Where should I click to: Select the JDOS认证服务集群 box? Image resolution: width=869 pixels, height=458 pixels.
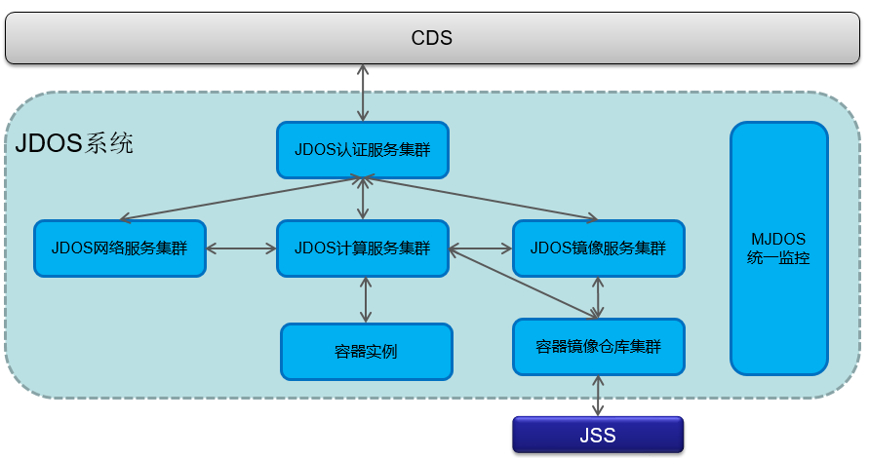pos(362,150)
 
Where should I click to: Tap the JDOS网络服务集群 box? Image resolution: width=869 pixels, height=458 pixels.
pos(120,248)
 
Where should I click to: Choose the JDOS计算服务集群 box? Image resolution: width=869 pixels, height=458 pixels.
pos(362,248)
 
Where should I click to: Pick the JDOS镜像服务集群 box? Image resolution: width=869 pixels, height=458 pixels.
pos(598,248)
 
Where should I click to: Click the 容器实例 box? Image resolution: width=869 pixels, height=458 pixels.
pos(366,351)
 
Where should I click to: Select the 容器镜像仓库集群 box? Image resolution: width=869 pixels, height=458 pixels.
pos(598,346)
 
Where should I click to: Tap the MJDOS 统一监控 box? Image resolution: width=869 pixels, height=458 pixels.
pos(779,248)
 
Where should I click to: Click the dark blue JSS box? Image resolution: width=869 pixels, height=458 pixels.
pos(598,435)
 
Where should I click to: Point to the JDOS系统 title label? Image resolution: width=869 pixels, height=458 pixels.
pos(74,145)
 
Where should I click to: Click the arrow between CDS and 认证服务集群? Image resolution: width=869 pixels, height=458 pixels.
pos(363,93)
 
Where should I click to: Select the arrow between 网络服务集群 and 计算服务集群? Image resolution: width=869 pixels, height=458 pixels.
pos(241,249)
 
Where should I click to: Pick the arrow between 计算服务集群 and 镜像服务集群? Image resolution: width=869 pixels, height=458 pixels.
pos(480,249)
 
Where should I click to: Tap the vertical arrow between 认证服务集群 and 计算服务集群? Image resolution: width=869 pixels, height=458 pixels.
pos(363,200)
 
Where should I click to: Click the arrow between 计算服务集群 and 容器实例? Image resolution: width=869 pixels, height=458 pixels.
pos(365,300)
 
